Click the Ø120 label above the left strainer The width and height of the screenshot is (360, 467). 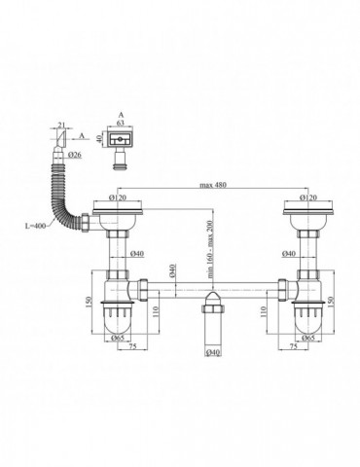pos(122,199)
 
